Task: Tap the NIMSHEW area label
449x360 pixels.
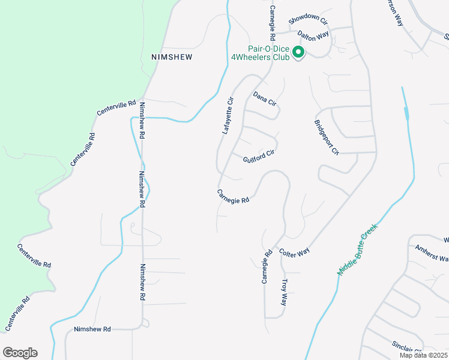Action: click(172, 56)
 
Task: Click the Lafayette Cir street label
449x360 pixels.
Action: click(228, 116)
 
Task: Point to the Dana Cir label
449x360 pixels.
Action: click(264, 99)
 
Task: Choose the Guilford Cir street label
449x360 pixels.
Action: click(259, 158)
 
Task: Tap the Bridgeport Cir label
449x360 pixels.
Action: click(326, 137)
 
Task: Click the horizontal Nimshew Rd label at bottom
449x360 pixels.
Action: click(92, 329)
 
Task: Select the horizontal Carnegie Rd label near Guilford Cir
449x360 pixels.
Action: click(233, 196)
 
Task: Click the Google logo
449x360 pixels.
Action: click(20, 353)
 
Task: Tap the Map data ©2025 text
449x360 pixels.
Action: click(423, 355)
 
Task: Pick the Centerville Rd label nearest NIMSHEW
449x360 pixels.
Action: click(116, 109)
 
